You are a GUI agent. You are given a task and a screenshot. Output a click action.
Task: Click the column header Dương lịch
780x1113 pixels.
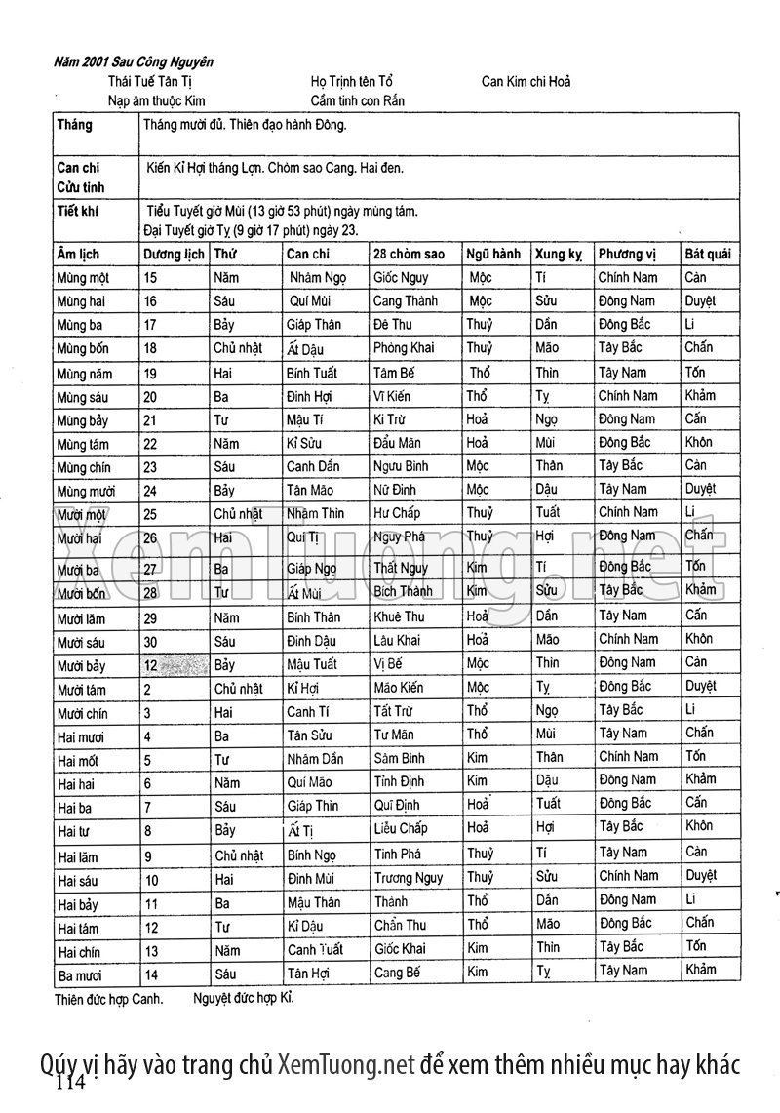[x=174, y=254]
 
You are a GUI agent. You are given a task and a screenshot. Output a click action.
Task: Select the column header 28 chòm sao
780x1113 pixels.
[x=409, y=254]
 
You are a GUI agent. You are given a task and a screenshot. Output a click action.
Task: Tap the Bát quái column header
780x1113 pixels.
[x=707, y=254]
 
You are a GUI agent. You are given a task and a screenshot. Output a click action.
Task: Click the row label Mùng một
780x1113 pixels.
[x=83, y=278]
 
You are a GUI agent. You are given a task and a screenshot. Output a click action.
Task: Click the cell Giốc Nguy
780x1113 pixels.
[x=400, y=278]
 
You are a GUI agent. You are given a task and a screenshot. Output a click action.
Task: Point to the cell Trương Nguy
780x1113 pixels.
[x=408, y=879]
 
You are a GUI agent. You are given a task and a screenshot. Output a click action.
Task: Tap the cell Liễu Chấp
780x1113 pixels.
[x=400, y=829]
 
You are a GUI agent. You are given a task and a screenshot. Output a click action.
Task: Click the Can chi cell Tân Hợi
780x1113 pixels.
[x=309, y=973]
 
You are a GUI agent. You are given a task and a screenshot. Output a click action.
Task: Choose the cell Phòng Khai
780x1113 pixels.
[x=403, y=348]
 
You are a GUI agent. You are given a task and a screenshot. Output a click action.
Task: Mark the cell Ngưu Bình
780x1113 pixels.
[x=400, y=466]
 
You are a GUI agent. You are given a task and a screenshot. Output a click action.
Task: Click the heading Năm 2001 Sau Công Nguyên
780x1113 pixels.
[x=134, y=62]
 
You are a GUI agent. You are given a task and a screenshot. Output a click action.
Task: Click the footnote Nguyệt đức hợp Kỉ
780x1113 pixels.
[x=243, y=999]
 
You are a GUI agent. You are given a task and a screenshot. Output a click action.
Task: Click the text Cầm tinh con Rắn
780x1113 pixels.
[x=357, y=100]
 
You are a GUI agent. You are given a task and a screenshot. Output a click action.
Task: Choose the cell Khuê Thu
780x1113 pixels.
[x=399, y=617]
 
